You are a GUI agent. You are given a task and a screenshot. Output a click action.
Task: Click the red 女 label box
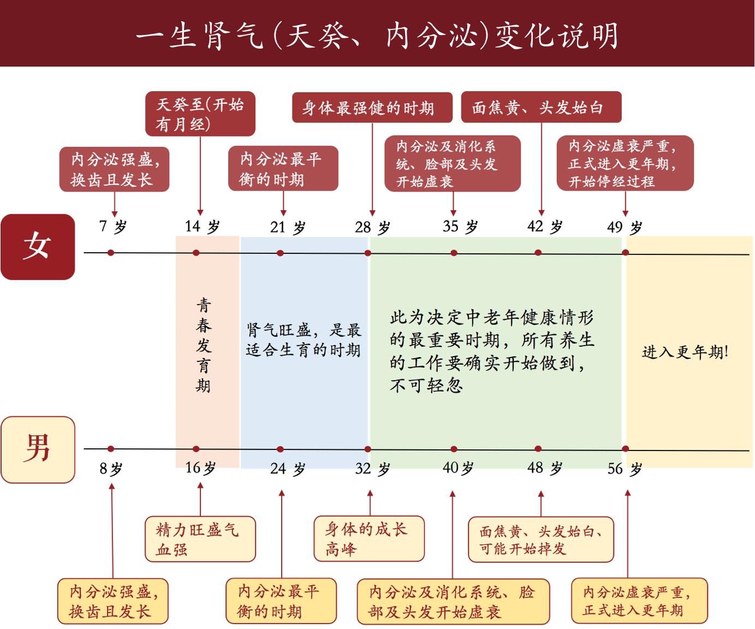tap(38, 247)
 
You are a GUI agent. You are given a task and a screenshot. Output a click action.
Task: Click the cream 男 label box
tap(38, 449)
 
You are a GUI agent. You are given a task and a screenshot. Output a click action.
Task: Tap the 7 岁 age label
tap(113, 227)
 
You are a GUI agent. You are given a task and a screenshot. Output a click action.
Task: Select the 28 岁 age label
tap(372, 227)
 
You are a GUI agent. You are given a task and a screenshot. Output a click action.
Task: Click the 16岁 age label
tap(200, 468)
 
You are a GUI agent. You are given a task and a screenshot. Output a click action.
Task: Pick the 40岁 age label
tap(458, 468)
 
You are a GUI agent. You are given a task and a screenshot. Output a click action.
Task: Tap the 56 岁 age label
tap(625, 469)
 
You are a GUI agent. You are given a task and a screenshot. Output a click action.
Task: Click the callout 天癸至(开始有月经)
tap(200, 114)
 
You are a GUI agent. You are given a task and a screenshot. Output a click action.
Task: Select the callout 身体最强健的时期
tap(372, 108)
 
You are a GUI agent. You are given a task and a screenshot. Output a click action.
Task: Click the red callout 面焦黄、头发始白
tap(542, 107)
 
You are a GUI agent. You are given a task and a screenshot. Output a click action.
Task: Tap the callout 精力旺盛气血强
tap(200, 538)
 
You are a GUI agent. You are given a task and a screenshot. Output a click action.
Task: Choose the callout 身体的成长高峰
tap(369, 538)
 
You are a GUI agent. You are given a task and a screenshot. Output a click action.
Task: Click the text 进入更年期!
tap(685, 352)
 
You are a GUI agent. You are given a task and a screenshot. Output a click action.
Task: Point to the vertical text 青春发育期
tap(204, 345)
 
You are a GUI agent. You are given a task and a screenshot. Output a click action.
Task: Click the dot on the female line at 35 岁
tap(454, 253)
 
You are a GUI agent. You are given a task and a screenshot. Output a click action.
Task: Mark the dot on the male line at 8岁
tap(111, 449)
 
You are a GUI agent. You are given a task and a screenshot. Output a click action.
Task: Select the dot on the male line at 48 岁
tap(538, 449)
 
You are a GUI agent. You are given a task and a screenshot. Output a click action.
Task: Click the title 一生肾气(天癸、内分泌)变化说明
tap(377, 35)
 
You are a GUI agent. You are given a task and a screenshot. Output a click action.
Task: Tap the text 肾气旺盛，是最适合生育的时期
tap(304, 340)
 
